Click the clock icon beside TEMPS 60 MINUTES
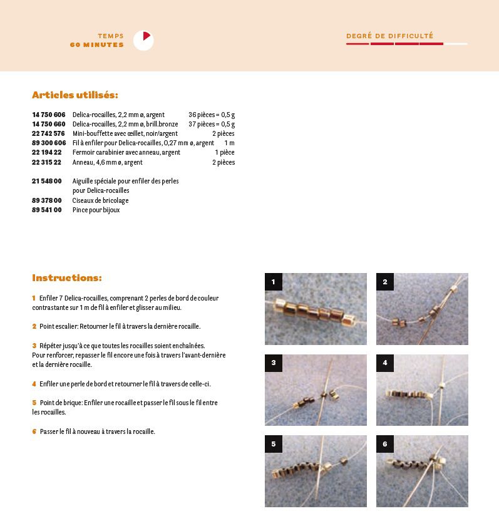click(143, 41)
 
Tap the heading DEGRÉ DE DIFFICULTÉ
click(390, 36)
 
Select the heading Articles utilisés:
click(75, 95)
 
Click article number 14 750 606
click(48, 115)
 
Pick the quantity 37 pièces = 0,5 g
click(212, 125)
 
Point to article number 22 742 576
click(48, 134)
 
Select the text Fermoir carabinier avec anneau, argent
click(126, 153)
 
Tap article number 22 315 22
click(46, 162)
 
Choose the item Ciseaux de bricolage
click(101, 200)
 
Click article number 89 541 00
click(46, 210)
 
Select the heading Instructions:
click(67, 277)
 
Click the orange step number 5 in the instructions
click(34, 403)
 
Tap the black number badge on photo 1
click(274, 282)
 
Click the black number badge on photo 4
click(385, 363)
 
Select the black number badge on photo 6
click(385, 445)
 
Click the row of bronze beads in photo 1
click(317, 311)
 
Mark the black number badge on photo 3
click(274, 363)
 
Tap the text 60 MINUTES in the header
click(97, 45)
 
